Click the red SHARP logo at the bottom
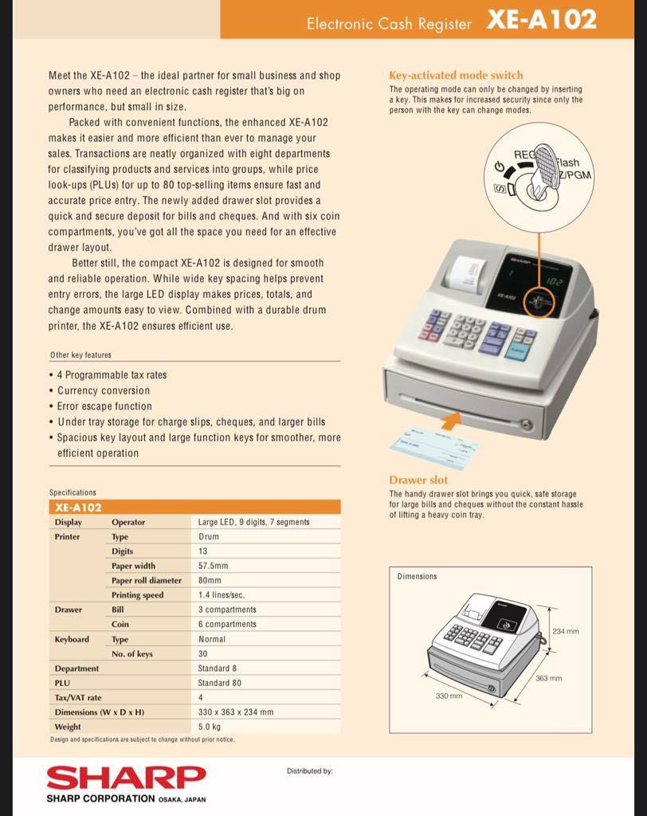pos(126,777)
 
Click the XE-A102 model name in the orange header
pos(541,21)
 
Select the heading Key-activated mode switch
pos(456,75)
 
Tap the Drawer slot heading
pos(418,480)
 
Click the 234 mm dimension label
pos(565,631)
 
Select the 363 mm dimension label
pos(548,678)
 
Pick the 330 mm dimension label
pos(449,696)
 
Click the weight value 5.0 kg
pos(210,727)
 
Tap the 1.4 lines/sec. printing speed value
pos(221,594)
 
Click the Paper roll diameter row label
pos(147,580)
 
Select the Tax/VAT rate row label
pos(78,697)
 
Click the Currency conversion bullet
pos(104,390)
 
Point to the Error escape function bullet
pos(104,406)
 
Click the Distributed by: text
pos(309,771)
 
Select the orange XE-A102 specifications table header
pos(194,507)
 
